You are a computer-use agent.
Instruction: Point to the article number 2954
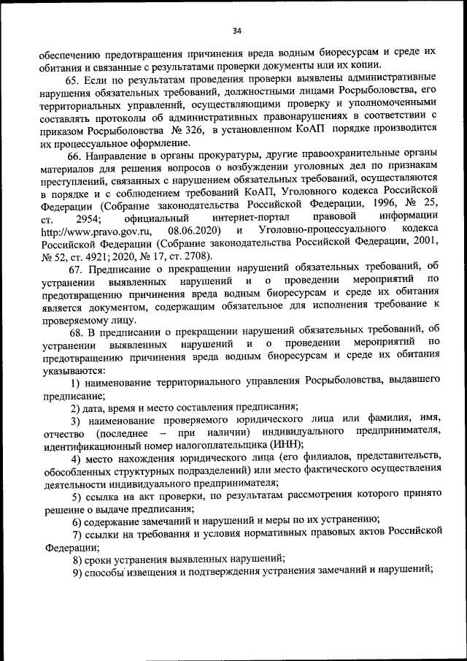89,218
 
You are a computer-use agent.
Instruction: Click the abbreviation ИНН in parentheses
281,444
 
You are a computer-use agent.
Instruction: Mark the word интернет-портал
247,218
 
